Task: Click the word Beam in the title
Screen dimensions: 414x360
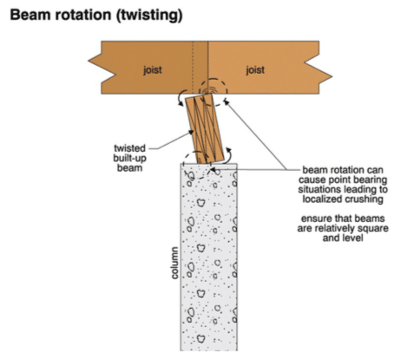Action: click(30, 15)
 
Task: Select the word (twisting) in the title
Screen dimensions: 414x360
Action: click(149, 16)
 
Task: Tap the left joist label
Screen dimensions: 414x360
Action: click(152, 69)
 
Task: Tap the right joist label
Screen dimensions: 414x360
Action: click(255, 69)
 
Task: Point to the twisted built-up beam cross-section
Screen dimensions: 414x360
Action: click(205, 128)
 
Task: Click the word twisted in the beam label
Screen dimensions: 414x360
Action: click(129, 148)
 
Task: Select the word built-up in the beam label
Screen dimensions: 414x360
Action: click(129, 158)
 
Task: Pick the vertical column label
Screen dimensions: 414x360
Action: click(174, 263)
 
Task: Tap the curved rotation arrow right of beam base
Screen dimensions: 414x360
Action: click(229, 156)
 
